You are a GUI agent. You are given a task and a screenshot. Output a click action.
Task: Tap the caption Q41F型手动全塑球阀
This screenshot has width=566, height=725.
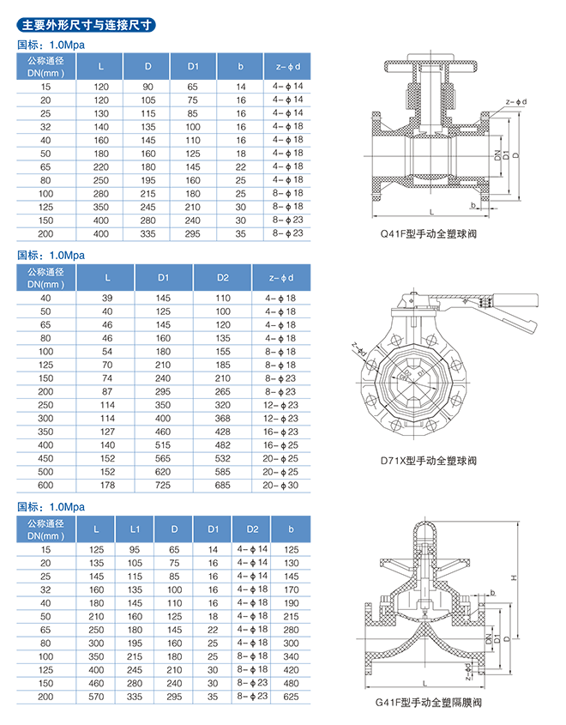click(427, 232)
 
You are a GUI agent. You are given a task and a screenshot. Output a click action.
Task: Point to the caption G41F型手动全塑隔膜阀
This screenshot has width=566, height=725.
click(428, 703)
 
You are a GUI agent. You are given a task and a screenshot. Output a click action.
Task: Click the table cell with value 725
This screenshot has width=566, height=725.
click(164, 486)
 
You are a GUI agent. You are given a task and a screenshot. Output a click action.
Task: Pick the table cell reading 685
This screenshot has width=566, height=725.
click(223, 486)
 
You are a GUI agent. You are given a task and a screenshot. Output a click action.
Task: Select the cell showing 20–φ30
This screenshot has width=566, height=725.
click(281, 486)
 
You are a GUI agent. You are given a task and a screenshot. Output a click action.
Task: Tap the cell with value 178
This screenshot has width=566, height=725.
click(107, 486)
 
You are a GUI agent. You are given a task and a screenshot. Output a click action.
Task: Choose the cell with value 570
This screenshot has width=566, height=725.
click(96, 698)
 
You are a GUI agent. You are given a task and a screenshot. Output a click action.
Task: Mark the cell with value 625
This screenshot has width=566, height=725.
click(291, 698)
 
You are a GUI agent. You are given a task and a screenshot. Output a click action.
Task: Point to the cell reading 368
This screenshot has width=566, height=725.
click(223, 418)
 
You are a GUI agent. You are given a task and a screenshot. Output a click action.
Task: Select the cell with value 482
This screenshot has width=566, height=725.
click(223, 445)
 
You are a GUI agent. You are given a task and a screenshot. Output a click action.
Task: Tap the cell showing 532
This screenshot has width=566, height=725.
click(223, 459)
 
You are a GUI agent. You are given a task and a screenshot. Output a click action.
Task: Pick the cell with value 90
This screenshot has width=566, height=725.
click(148, 87)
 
